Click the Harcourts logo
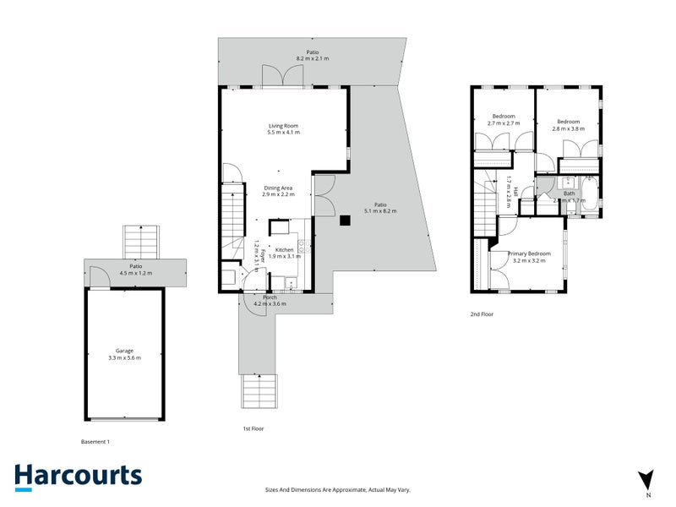(78, 476)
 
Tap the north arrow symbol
(647, 479)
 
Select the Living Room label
(283, 125)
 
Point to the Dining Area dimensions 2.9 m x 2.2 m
(278, 194)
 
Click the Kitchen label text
(284, 250)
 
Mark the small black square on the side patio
(345, 221)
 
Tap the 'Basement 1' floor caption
(95, 441)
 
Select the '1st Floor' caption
(253, 429)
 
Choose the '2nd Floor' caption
(481, 313)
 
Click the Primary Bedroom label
(529, 253)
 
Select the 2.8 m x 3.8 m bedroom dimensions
(569, 128)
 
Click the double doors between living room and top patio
(282, 76)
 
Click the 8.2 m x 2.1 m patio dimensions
(313, 58)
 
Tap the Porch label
(270, 297)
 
